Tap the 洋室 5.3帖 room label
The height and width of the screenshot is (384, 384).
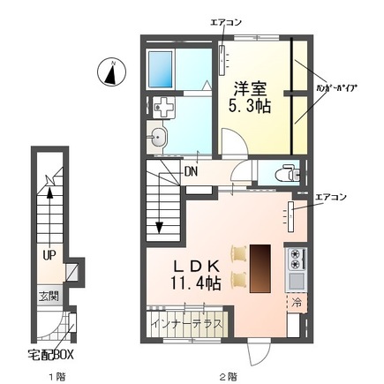(x=252, y=96)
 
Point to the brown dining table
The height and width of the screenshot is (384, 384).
(x=261, y=266)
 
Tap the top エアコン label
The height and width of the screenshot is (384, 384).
(x=226, y=20)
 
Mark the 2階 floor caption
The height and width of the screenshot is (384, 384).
(x=229, y=374)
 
